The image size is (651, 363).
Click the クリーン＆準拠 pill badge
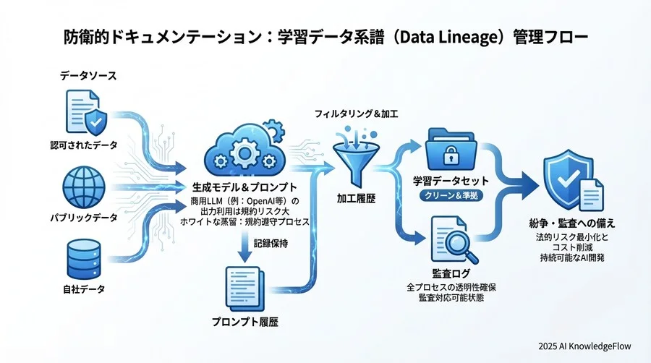click(451, 195)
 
